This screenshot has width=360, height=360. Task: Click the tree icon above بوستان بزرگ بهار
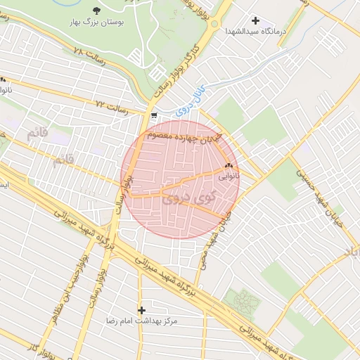pyautogui.click(x=96, y=11)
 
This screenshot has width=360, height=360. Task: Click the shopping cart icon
pyautogui.click(x=153, y=117)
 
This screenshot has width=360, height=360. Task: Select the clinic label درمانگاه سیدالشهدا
pyautogui.click(x=253, y=32)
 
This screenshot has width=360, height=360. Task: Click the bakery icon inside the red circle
pyautogui.click(x=227, y=167)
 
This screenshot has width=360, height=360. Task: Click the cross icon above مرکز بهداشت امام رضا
pyautogui.click(x=142, y=309)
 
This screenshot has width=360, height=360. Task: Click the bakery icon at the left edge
pyautogui.click(x=3, y=79)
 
